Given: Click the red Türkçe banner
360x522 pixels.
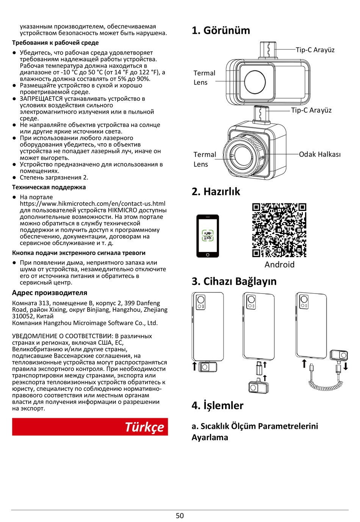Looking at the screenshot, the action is (x=90, y=427).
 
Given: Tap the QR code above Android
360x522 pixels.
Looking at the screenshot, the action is (x=279, y=230).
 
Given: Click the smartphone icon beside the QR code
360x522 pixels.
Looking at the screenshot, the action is (x=208, y=236).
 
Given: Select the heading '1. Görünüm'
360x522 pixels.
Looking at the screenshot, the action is (x=221, y=30).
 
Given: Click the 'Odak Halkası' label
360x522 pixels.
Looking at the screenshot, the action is (x=320, y=154).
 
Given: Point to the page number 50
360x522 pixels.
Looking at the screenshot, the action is (x=180, y=516).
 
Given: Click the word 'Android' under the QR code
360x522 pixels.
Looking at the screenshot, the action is (x=279, y=264).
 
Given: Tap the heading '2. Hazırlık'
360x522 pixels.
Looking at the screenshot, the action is (x=216, y=192).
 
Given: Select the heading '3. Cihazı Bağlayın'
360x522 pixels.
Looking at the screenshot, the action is (x=234, y=281).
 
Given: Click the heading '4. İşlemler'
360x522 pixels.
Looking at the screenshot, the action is (x=217, y=405).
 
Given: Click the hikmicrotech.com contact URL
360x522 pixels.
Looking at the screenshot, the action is (x=92, y=204).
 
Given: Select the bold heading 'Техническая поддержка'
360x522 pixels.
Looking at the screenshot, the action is (x=49, y=187).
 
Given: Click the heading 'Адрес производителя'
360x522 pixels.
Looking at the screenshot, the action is (x=50, y=293).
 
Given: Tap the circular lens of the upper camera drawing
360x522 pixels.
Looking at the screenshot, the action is (x=255, y=81).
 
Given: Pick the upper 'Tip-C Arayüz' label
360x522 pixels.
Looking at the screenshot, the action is (x=315, y=50).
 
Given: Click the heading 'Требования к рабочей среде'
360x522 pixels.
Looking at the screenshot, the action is (x=55, y=43).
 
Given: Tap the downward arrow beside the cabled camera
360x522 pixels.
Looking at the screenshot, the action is (x=346, y=366).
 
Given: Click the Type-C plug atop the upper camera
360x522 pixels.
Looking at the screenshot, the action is (x=268, y=50).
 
